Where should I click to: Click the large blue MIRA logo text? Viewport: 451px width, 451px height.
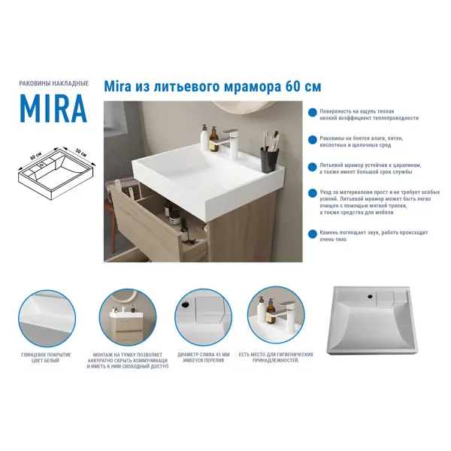53,108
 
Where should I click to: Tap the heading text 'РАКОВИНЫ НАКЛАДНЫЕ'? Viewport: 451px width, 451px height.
54,83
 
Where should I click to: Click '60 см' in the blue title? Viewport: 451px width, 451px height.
303,86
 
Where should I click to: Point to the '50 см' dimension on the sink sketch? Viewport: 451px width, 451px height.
81,153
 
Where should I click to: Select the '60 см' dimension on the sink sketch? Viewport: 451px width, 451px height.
36,156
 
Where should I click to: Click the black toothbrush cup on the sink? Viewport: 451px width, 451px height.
270,159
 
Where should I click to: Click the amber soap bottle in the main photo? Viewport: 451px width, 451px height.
214,140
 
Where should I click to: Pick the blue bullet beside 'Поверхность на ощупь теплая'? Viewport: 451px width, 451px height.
313,113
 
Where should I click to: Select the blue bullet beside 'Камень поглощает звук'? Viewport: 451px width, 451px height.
313,234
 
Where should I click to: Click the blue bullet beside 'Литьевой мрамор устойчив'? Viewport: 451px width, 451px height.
313,167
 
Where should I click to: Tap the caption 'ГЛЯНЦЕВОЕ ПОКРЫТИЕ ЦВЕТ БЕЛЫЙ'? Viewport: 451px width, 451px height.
46,358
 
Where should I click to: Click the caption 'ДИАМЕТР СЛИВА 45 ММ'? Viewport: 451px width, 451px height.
204,355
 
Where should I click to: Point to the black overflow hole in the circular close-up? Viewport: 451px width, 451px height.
185,304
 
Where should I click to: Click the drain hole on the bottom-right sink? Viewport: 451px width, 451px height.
371,295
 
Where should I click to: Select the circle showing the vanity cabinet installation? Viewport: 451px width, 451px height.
128,318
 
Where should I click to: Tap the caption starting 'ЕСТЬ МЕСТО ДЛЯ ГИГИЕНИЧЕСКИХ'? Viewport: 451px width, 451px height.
276,358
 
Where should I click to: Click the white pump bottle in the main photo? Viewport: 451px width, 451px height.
204,136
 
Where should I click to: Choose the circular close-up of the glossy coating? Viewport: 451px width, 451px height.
47,318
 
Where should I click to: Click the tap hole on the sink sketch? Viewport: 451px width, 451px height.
42,165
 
